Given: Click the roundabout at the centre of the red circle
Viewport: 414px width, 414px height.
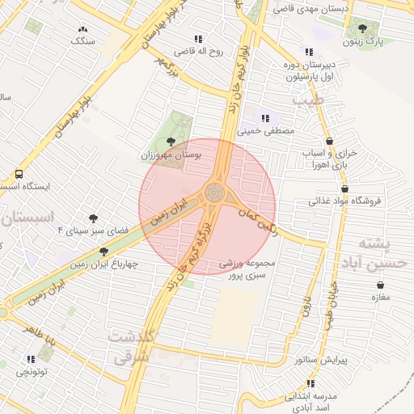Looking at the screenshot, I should coord(214,193).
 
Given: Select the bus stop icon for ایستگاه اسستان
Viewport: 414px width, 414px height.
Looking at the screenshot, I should coord(19,174).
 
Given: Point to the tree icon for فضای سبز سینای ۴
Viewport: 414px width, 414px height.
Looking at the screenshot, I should coord(94,218).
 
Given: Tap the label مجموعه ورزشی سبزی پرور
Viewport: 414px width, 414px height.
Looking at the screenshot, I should coord(248,269).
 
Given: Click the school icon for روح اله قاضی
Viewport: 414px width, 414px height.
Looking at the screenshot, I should coord(198,39).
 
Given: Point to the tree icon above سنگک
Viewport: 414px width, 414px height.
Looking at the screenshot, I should coord(84,28).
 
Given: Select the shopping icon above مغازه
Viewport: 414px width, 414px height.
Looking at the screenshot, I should coord(381,285).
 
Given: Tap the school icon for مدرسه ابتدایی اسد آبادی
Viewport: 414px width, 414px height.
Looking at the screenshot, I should coord(289,397).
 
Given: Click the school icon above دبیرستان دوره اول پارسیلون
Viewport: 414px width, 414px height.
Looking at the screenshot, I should coord(308,52).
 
